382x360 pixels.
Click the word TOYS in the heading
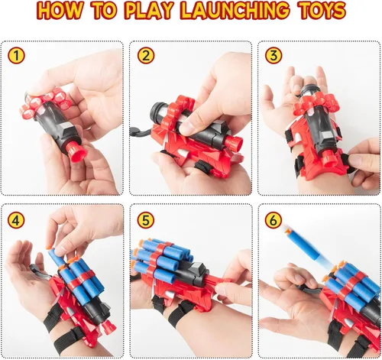click(321, 11)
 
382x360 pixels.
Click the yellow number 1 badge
click(16, 56)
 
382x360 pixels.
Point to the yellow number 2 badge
click(146, 56)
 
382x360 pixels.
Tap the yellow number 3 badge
click(274, 56)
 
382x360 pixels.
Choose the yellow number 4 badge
click(16, 220)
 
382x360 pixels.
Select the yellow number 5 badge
click(146, 220)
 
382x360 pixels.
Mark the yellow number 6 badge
click(274, 220)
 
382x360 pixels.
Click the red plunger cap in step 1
click(76, 151)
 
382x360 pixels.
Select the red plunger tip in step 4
click(109, 326)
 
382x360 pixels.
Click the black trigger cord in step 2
click(140, 131)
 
